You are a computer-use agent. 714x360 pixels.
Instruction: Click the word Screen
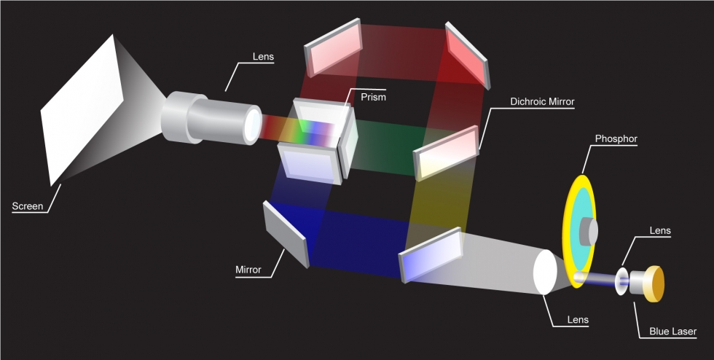28,206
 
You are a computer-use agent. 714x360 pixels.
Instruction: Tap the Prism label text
373,97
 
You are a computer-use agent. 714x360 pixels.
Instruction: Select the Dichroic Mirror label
542,101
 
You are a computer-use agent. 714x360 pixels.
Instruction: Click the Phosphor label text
616,138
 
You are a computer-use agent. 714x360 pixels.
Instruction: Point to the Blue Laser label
672,332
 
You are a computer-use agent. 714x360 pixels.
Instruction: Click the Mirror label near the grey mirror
248,270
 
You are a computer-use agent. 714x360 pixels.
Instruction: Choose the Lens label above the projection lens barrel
263,57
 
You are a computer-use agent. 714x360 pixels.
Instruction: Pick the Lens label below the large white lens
578,320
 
